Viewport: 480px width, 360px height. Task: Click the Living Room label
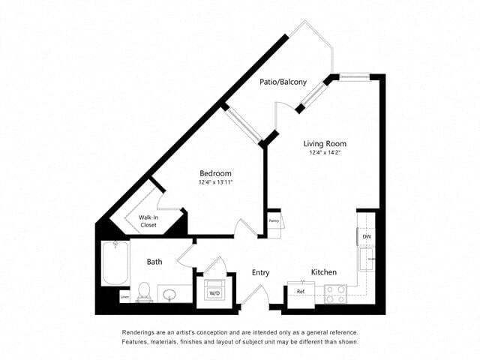coord(324,143)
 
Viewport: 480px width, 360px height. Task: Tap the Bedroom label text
coord(215,173)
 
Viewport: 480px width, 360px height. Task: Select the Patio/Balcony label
coord(283,82)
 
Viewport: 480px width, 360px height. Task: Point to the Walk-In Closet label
coord(148,220)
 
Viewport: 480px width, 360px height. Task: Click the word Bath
coord(154,262)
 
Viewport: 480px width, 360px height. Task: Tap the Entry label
coord(260,272)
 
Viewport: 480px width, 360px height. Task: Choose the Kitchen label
coord(323,271)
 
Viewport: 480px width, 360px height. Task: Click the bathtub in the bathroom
coord(115,263)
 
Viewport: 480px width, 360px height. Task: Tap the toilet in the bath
coord(144,290)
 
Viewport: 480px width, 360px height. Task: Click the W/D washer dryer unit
coord(214,290)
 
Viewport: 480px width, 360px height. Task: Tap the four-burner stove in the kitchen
coord(334,293)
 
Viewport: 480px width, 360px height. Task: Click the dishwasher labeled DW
coord(366,236)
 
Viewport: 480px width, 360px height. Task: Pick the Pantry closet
coord(274,223)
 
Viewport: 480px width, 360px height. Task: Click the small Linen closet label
coord(124,298)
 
